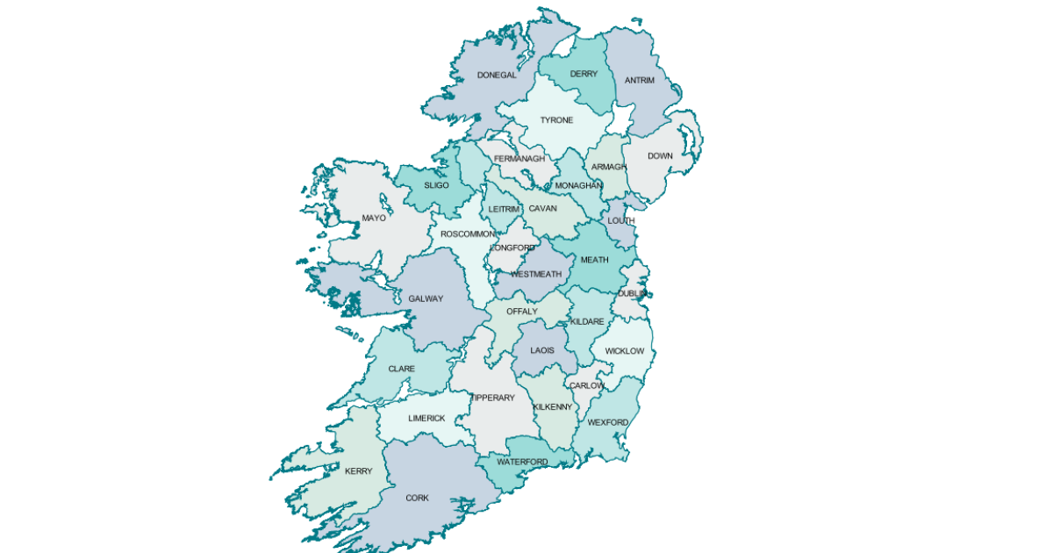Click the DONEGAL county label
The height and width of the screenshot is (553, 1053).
click(x=497, y=75)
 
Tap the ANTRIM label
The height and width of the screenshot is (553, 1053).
click(x=640, y=81)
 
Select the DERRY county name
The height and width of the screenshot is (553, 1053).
click(x=584, y=75)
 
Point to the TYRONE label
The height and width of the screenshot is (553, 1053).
click(x=556, y=120)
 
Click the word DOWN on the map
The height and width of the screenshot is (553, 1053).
click(x=660, y=156)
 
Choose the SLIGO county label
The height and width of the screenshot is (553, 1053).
click(x=436, y=186)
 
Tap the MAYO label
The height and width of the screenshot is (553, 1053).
click(x=374, y=219)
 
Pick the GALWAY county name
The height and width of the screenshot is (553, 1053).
click(x=426, y=299)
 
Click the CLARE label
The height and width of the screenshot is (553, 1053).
click(x=402, y=370)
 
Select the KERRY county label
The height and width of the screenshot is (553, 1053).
click(x=358, y=471)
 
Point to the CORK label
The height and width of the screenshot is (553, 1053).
click(x=417, y=499)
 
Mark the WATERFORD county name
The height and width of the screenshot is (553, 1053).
click(x=522, y=463)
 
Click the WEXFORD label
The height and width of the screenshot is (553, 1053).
click(x=608, y=423)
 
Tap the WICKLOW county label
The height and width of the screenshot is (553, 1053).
click(x=625, y=352)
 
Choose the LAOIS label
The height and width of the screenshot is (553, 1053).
click(x=542, y=351)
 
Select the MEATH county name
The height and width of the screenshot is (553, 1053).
click(x=594, y=261)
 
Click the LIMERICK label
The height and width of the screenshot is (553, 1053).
click(x=427, y=419)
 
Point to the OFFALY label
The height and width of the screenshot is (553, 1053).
click(x=521, y=312)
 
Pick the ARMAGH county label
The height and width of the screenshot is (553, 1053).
click(x=609, y=168)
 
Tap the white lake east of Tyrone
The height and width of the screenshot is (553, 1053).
click(x=621, y=118)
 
